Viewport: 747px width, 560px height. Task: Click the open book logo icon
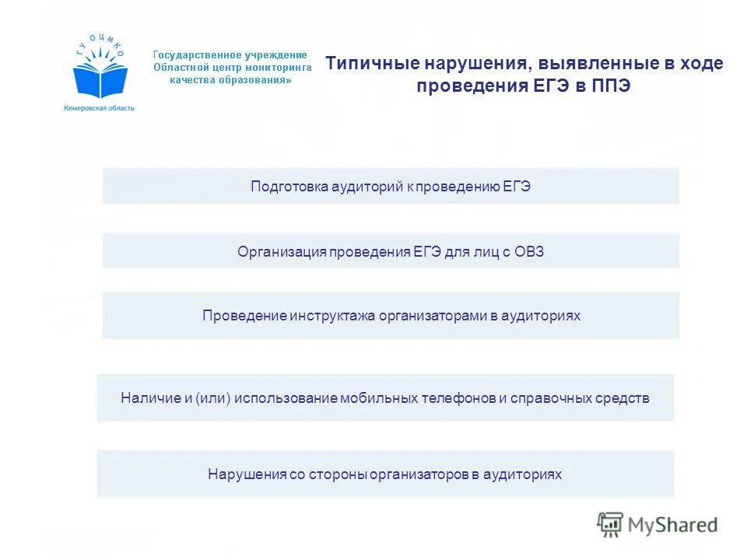click(100, 78)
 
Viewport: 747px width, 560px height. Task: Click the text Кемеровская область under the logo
click(100, 108)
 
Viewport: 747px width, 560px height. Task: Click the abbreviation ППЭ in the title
click(612, 86)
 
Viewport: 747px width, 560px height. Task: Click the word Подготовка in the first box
click(289, 186)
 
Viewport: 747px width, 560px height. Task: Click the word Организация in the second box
click(281, 251)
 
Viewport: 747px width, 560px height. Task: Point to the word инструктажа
click(333, 316)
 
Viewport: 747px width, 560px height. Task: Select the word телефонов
click(458, 398)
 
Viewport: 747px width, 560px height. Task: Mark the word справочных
click(553, 398)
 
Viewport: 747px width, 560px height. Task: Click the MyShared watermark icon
click(611, 525)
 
